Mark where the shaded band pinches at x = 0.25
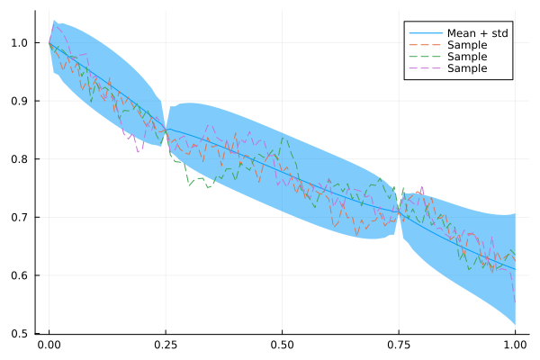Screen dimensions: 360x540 tap(166, 129)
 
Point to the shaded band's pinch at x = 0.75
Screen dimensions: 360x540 tap(399, 212)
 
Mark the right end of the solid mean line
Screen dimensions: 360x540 tap(515, 269)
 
